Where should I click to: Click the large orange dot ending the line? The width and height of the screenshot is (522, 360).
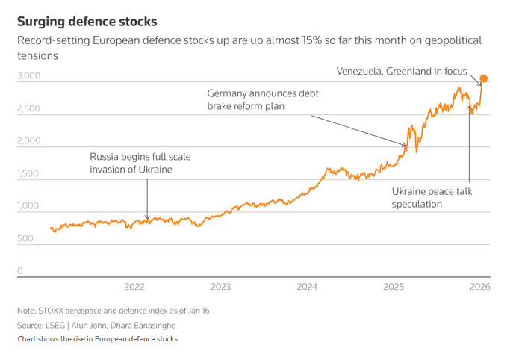(x=484, y=78)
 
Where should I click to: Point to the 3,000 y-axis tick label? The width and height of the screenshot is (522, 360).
(x=30, y=76)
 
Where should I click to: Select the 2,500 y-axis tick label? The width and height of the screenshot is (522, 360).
(x=30, y=108)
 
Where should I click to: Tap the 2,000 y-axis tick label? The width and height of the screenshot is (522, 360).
(x=30, y=141)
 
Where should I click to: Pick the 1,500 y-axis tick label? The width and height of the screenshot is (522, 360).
(x=30, y=173)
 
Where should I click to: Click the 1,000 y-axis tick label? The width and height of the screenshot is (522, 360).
(x=30, y=206)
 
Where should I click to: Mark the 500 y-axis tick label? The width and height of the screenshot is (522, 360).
(x=26, y=238)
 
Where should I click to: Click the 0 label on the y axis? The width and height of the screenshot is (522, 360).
(x=20, y=271)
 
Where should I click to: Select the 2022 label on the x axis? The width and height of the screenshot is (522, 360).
(x=134, y=287)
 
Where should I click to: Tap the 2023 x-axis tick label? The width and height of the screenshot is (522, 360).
(x=221, y=287)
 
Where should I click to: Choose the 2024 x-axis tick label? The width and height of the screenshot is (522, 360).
(x=307, y=287)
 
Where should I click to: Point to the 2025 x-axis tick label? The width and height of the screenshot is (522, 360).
(x=394, y=287)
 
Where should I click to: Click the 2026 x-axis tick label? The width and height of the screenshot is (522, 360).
(x=479, y=287)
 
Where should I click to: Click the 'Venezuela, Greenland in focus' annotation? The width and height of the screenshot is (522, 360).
(x=402, y=72)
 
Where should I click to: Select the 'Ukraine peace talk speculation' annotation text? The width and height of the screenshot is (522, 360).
(x=432, y=197)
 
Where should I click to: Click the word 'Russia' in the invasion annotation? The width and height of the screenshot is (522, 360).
(x=105, y=157)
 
